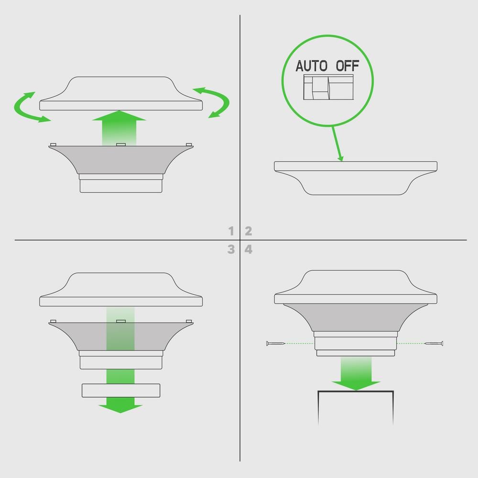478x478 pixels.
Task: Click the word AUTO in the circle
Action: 311,66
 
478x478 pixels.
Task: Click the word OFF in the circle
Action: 348,66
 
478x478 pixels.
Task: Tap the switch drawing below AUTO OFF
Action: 328,87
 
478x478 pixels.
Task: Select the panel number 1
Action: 231,231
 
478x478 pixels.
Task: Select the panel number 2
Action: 249,231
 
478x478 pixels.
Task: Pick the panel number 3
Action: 231,250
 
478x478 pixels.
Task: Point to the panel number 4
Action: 249,250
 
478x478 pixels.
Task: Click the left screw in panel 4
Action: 275,343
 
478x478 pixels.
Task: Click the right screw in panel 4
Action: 434,343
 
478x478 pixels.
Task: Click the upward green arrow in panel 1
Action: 119,128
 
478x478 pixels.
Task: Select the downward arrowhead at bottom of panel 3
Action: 120,409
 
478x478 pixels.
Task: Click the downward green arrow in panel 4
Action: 356,374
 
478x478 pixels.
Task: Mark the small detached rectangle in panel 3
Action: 121,391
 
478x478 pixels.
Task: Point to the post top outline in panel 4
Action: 356,391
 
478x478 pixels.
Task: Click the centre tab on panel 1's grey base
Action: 121,144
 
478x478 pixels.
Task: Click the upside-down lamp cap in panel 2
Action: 356,178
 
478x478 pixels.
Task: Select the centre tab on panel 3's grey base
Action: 121,321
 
